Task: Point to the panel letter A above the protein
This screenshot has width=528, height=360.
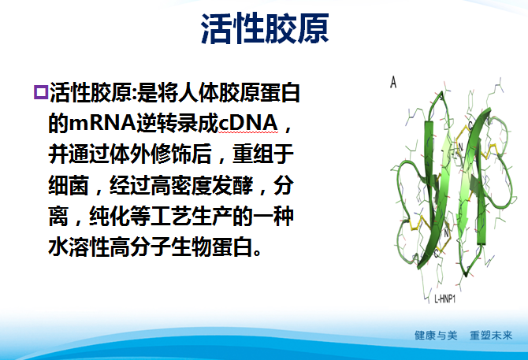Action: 392,81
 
